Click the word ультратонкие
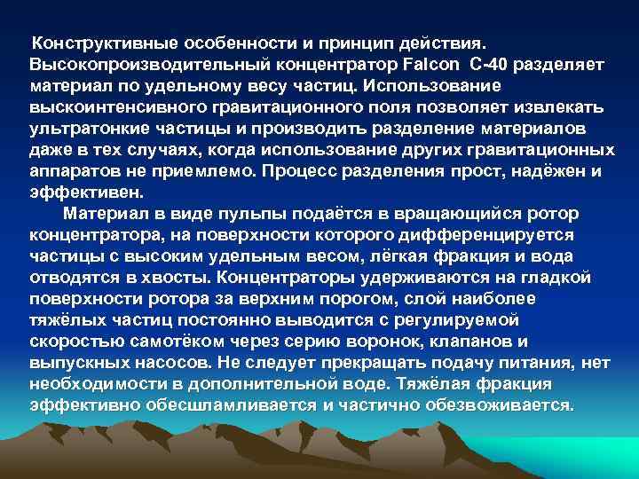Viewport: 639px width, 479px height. pos(84,129)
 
